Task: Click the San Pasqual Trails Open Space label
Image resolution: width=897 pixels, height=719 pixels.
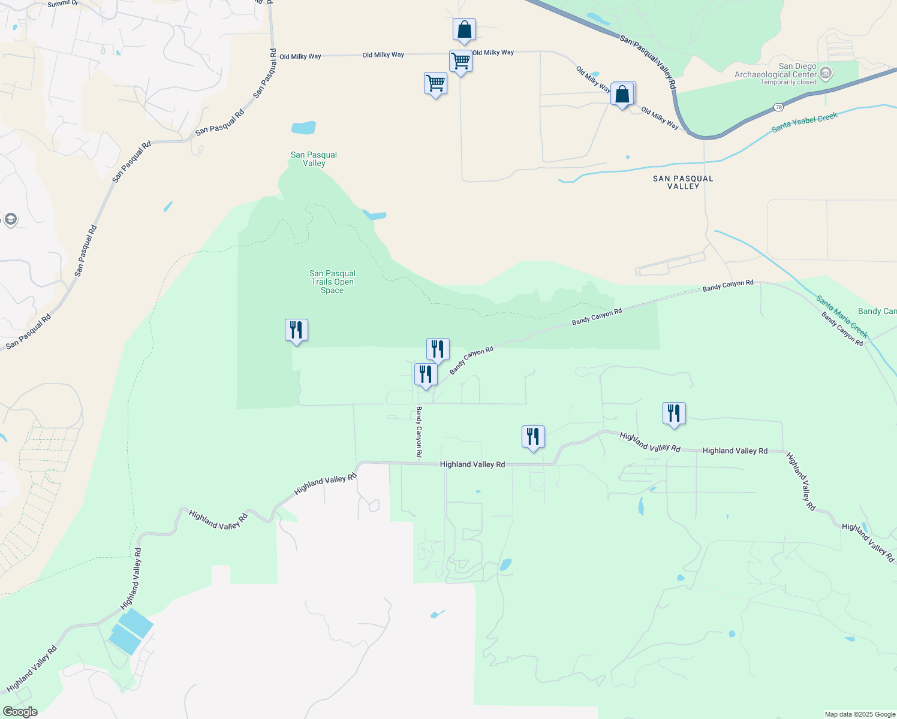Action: coord(332,282)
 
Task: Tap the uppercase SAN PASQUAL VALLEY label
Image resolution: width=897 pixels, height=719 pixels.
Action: coord(683,182)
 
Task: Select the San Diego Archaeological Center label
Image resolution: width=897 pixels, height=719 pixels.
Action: coord(776,71)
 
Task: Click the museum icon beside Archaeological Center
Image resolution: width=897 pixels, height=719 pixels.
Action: coord(826,74)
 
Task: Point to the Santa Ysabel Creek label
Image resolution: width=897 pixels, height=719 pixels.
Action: coord(804,122)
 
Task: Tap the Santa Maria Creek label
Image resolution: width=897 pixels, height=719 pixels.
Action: coord(841,316)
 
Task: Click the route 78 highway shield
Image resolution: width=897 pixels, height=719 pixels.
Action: coord(778,107)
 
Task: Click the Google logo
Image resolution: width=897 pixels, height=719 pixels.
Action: coord(20,711)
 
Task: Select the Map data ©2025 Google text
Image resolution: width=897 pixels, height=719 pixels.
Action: coord(860,714)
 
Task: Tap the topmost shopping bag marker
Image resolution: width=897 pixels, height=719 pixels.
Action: coord(464,30)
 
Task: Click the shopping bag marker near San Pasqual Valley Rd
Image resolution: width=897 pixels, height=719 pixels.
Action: coord(622,95)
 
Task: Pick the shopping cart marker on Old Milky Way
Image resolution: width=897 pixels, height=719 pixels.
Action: coord(460,61)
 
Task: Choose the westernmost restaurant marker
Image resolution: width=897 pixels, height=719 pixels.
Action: coord(296,330)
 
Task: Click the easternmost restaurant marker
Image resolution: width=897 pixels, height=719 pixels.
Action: coord(674,413)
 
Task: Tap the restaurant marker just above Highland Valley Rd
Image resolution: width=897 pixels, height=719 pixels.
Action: coord(533,437)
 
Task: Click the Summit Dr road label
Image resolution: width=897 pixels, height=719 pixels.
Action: coord(63,4)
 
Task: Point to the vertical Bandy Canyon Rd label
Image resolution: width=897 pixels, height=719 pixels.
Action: coord(419,431)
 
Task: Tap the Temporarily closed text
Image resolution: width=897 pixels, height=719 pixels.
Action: coord(788,83)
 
